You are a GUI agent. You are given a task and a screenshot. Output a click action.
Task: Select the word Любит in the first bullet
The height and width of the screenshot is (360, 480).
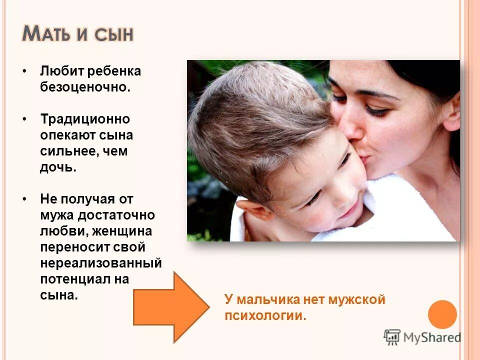[59, 71]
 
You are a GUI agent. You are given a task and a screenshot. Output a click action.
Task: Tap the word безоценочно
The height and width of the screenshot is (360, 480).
[85, 87]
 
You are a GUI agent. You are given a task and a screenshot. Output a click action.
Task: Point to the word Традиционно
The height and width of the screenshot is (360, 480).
[85, 119]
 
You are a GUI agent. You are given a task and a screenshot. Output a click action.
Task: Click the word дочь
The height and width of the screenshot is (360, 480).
[58, 167]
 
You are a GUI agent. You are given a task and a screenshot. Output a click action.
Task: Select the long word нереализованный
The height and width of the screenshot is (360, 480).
[100, 263]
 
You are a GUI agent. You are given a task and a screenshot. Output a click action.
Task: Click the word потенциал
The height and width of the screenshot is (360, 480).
[76, 279]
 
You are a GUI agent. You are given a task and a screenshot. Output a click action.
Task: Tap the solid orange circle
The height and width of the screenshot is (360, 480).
[442, 314]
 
